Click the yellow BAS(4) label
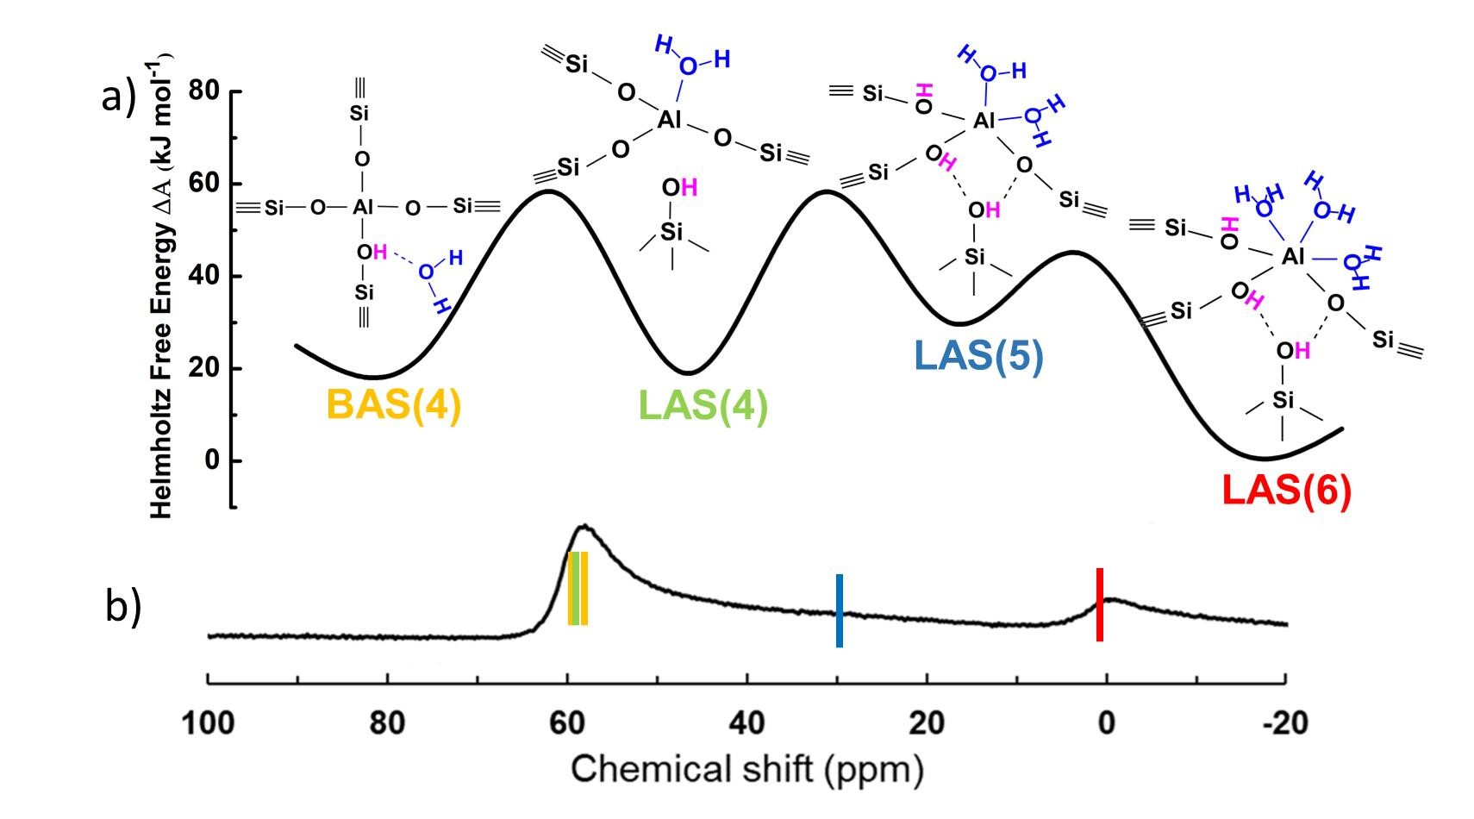coord(394,404)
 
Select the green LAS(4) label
coord(703,404)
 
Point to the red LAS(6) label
coord(1285,491)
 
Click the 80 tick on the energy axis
coord(204,91)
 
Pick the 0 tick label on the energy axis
coord(212,460)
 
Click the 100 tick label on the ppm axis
coord(208,722)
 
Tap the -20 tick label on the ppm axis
coord(1284,722)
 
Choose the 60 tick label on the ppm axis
coord(567,722)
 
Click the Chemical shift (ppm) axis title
coord(746,768)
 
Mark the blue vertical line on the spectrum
coord(839,610)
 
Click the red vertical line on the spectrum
coord(1099,604)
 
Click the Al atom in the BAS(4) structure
coord(362,207)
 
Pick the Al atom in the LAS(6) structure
coord(1292,256)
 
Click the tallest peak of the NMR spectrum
coord(584,526)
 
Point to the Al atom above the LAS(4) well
coord(670,120)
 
